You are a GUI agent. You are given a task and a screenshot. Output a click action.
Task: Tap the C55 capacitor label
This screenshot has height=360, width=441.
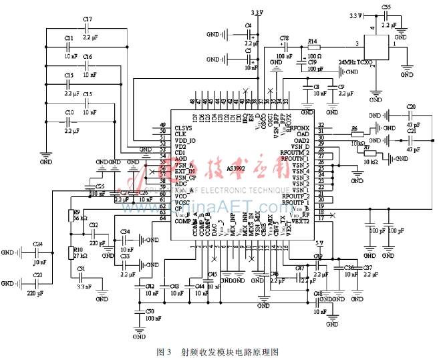[386, 6]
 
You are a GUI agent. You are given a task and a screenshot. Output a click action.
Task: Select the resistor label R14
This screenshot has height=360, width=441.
[311, 41]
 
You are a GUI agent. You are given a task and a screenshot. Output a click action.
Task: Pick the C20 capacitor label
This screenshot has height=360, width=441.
[411, 107]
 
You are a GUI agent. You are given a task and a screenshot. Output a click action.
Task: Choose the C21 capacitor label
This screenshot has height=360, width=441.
[411, 132]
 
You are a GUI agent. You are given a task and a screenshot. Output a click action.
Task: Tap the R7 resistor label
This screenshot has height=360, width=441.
[366, 148]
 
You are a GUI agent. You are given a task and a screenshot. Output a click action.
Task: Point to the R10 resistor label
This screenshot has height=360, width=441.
[78, 248]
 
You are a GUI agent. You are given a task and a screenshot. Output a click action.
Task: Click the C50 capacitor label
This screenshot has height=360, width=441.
[150, 311]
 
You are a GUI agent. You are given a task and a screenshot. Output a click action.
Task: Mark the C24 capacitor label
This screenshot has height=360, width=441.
[38, 244]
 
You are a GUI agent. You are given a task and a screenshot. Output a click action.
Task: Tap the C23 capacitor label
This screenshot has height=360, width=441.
[38, 275]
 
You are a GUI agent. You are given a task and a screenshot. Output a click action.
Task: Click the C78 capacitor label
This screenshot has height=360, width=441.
[284, 38]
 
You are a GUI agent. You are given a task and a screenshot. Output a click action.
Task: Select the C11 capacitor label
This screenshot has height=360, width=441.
[69, 39]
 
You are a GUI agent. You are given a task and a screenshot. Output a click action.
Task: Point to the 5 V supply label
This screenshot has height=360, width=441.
[319, 243]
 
